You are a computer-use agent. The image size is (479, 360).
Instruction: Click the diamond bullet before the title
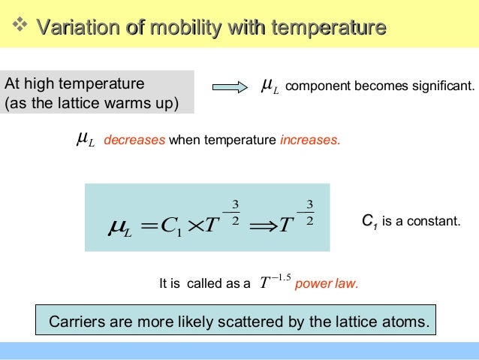(x=20, y=27)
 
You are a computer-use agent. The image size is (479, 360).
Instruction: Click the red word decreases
(x=134, y=139)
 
